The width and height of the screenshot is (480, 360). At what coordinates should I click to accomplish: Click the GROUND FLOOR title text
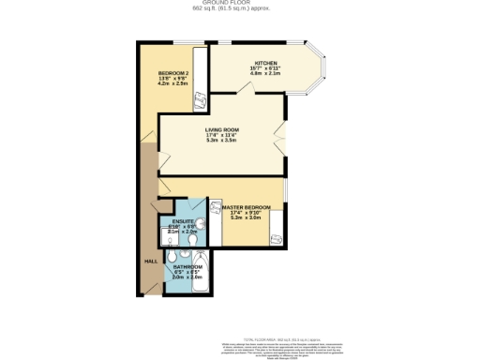coord(239,4)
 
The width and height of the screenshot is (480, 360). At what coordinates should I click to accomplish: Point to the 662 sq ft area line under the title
coord(239,10)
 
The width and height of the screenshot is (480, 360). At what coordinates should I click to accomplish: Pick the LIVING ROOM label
coord(224,129)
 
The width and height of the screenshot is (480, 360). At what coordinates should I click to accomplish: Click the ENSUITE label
coord(184,221)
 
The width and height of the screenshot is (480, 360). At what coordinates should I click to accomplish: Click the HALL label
coord(150,262)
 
